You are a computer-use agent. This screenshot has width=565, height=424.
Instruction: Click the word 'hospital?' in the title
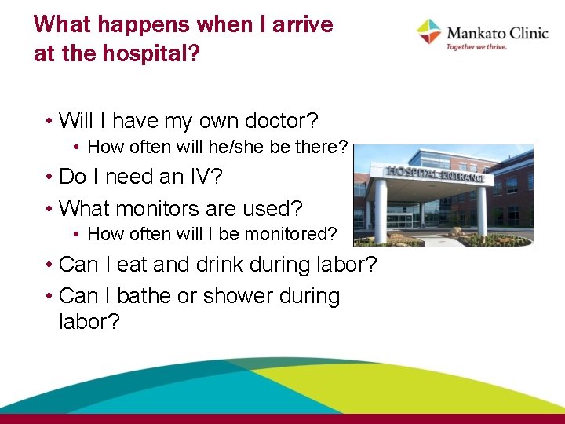[x=160, y=53]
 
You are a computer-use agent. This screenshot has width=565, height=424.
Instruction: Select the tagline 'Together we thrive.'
[x=476, y=47]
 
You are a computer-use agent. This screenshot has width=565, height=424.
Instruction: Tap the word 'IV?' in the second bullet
[x=206, y=177]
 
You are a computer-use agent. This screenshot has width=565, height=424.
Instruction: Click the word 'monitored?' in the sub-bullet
[x=297, y=234]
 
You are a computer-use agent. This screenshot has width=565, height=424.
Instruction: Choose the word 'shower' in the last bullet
[x=239, y=297]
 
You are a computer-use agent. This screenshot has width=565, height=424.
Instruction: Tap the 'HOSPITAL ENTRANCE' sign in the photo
[x=436, y=174]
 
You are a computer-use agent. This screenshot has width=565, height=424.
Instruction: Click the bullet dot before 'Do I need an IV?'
[x=49, y=177]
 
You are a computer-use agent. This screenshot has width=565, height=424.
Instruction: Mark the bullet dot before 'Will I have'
[x=49, y=122]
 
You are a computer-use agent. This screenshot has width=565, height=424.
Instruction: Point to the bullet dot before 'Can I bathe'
[x=49, y=298]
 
